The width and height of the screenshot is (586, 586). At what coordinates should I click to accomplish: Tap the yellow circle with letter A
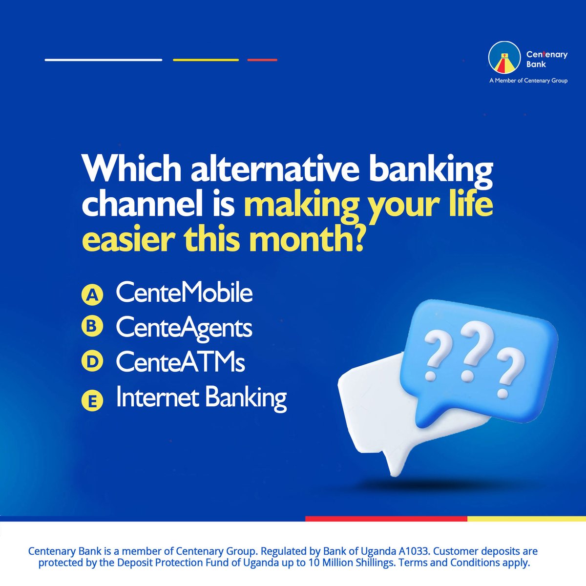(91, 295)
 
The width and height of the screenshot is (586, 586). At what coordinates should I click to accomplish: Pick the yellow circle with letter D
(91, 362)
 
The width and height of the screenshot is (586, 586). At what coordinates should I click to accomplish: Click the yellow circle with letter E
(91, 401)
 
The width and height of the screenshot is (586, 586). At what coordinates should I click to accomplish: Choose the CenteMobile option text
(184, 293)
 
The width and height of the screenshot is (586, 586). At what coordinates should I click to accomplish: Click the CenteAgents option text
(184, 328)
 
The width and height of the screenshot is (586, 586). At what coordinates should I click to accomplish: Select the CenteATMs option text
(180, 362)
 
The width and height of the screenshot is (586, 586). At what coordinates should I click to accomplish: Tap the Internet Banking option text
(201, 398)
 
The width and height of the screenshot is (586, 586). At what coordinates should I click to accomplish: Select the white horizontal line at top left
(103, 60)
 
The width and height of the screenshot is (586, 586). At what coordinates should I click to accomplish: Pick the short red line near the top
(262, 60)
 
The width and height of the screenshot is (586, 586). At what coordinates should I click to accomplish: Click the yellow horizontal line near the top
(206, 60)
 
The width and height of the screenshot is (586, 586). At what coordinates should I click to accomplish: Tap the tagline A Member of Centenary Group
(528, 81)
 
